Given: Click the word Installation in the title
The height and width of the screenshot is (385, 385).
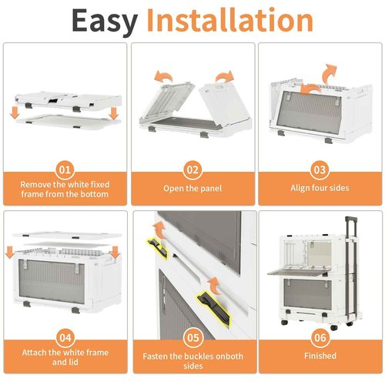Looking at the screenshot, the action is [x=229, y=20].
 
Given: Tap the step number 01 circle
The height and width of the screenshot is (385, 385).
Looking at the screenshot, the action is [x=65, y=170].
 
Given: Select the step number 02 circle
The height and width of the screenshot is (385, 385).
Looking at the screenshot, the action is [x=192, y=170].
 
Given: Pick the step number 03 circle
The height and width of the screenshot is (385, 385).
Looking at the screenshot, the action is [x=320, y=170].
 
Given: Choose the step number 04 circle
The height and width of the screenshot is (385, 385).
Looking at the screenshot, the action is [x=65, y=337].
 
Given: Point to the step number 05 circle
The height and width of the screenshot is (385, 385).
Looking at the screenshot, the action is [x=193, y=337].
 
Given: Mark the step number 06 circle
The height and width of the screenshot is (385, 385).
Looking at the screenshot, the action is [x=320, y=337].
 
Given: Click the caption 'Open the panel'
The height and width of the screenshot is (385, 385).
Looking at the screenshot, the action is [x=192, y=189].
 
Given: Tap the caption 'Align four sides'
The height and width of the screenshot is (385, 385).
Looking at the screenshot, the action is [x=320, y=188].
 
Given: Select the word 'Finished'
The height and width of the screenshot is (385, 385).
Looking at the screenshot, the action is [x=320, y=356].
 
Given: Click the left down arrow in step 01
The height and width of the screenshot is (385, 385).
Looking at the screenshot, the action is [x=15, y=113].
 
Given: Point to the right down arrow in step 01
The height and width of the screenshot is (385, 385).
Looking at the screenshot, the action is [x=113, y=113].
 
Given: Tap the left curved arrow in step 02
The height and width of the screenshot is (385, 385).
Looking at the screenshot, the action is [x=162, y=76].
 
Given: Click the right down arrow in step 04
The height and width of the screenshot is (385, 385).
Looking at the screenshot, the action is [x=115, y=252].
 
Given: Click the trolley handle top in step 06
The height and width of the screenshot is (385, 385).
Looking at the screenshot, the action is [x=351, y=219].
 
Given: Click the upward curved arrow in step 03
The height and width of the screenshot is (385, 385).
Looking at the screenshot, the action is [x=330, y=73].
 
